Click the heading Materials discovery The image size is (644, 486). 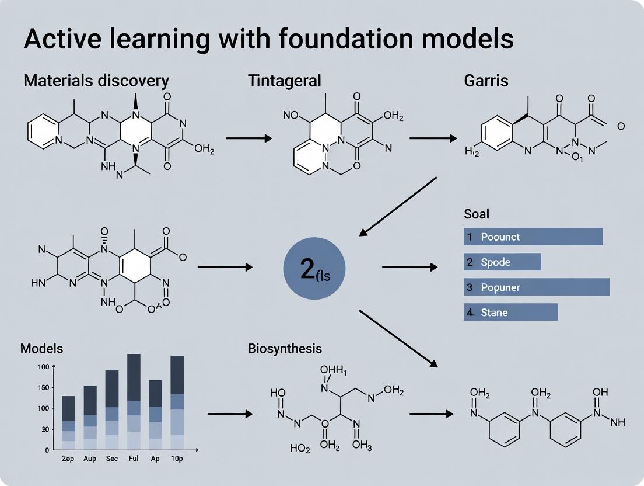tap(96, 81)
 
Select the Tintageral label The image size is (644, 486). tap(284, 81)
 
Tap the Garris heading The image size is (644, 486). tap(486, 81)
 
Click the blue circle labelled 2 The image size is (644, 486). tap(314, 269)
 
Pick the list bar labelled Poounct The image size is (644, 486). tap(533, 237)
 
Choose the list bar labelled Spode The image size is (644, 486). tap(502, 262)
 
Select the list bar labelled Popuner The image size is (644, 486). tap(537, 287)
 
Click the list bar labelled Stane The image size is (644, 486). tap(510, 312)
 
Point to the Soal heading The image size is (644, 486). tap(476, 214)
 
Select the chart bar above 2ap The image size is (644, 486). tap(69, 423)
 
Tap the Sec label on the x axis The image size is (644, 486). tap(112, 459)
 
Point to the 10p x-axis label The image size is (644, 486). tap(177, 459)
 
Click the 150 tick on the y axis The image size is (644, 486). tap(43, 387)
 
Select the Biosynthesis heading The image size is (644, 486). tap(285, 349)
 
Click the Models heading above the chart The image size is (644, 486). tap(41, 349)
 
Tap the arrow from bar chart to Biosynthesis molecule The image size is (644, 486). tap(230, 414)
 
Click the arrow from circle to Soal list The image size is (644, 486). tap(409, 267)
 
